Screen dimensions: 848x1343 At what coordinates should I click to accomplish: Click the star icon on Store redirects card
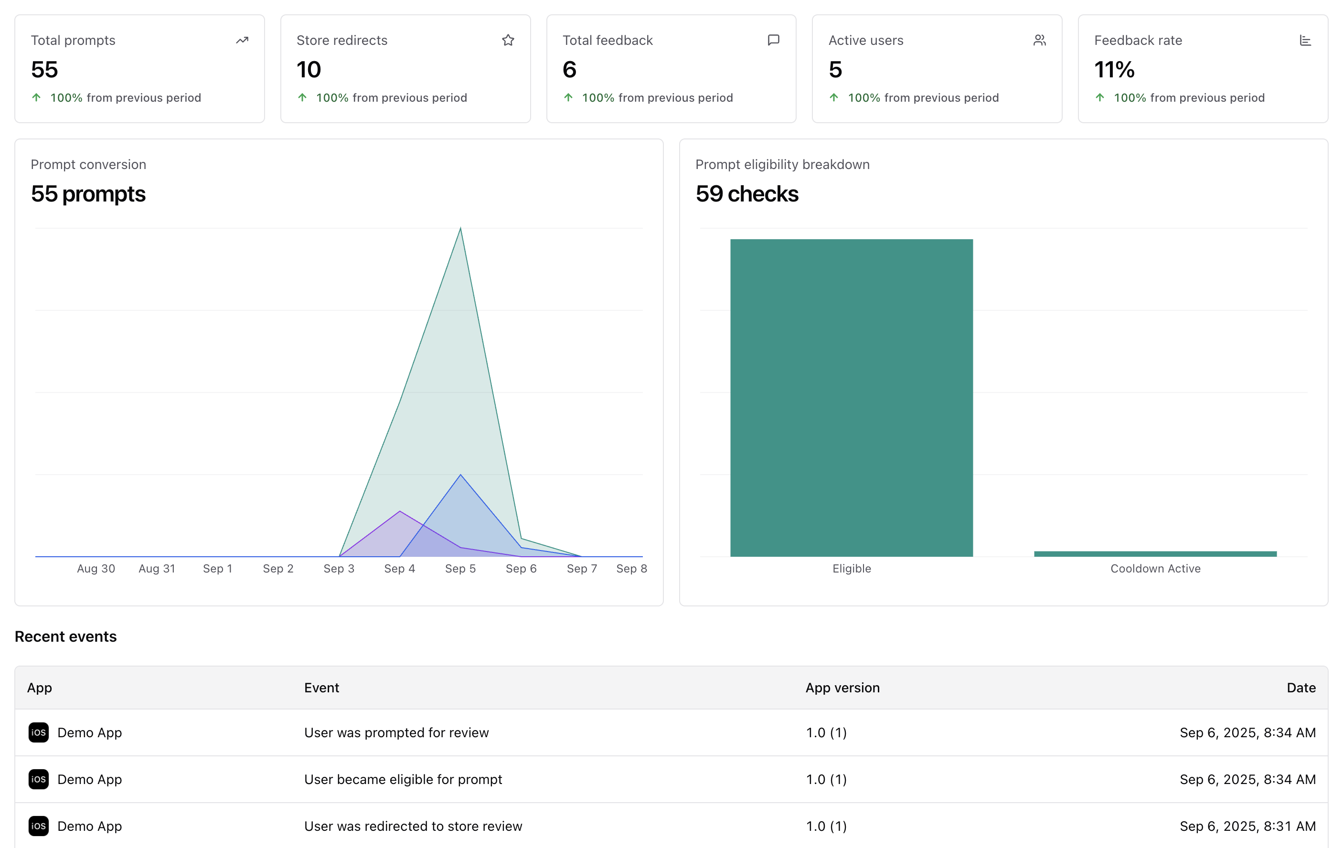508,40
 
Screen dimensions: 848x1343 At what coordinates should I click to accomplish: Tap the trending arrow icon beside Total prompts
242,40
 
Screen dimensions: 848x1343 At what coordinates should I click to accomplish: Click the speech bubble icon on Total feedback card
773,40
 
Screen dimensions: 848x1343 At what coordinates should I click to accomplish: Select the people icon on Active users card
1039,40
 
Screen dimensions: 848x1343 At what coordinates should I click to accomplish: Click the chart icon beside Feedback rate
1305,40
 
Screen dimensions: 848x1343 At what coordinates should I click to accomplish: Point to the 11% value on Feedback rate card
1114,70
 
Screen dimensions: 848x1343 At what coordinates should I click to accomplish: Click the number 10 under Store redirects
309,70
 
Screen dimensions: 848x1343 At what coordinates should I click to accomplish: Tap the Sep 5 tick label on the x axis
460,568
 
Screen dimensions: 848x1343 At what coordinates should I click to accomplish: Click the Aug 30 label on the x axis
96,568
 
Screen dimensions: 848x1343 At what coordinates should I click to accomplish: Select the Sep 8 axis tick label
631,568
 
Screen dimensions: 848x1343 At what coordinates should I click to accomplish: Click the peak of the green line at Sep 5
460,228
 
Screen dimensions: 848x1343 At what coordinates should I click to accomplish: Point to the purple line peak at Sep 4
400,511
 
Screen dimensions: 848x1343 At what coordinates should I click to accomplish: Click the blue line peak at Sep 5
460,475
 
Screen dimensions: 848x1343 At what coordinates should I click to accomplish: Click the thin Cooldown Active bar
1155,553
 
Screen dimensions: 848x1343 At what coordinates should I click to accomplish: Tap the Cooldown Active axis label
1155,568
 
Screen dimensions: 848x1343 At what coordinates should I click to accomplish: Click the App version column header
842,688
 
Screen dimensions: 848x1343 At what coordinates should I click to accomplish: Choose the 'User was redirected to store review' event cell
413,826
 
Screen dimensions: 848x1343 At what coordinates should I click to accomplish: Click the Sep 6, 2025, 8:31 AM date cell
1247,826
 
